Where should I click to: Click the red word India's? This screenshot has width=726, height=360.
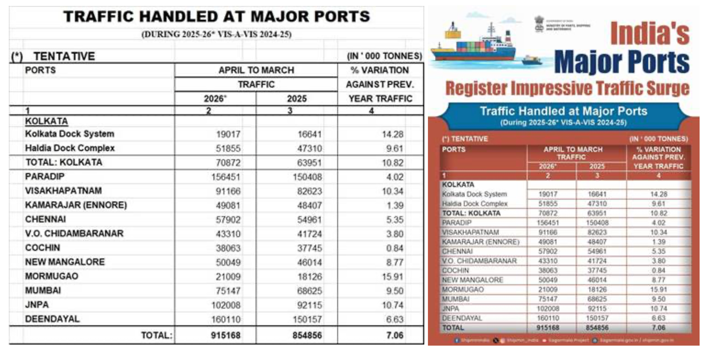pos(649,33)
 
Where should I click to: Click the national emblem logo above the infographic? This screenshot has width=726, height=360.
pos(539,24)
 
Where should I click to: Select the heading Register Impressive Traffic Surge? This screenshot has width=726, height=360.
pos(567,88)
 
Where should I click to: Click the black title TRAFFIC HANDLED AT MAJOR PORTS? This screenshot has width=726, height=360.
pos(216,17)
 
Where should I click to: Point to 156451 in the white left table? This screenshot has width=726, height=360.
pos(226,177)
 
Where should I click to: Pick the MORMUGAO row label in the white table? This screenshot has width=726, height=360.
pos(51,276)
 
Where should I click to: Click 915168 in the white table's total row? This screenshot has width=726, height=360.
pos(226,335)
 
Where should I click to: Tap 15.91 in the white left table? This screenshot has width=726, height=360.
pos(392,276)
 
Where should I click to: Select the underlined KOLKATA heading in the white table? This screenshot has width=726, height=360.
pos(46,121)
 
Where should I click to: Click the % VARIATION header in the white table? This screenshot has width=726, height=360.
pos(379,70)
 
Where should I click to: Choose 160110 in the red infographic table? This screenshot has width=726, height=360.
pos(548,318)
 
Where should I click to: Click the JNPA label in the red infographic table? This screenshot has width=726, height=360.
pos(451,309)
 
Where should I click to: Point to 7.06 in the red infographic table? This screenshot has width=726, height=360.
pos(658,328)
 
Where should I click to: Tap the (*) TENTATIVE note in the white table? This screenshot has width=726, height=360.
pos(53,56)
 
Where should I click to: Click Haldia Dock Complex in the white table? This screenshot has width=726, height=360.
pos(69,148)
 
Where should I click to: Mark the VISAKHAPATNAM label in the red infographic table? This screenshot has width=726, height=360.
pos(470,232)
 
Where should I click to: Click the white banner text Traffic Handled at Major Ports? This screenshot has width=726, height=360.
pos(563,111)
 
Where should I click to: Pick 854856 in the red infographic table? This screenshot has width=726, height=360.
pos(597,328)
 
